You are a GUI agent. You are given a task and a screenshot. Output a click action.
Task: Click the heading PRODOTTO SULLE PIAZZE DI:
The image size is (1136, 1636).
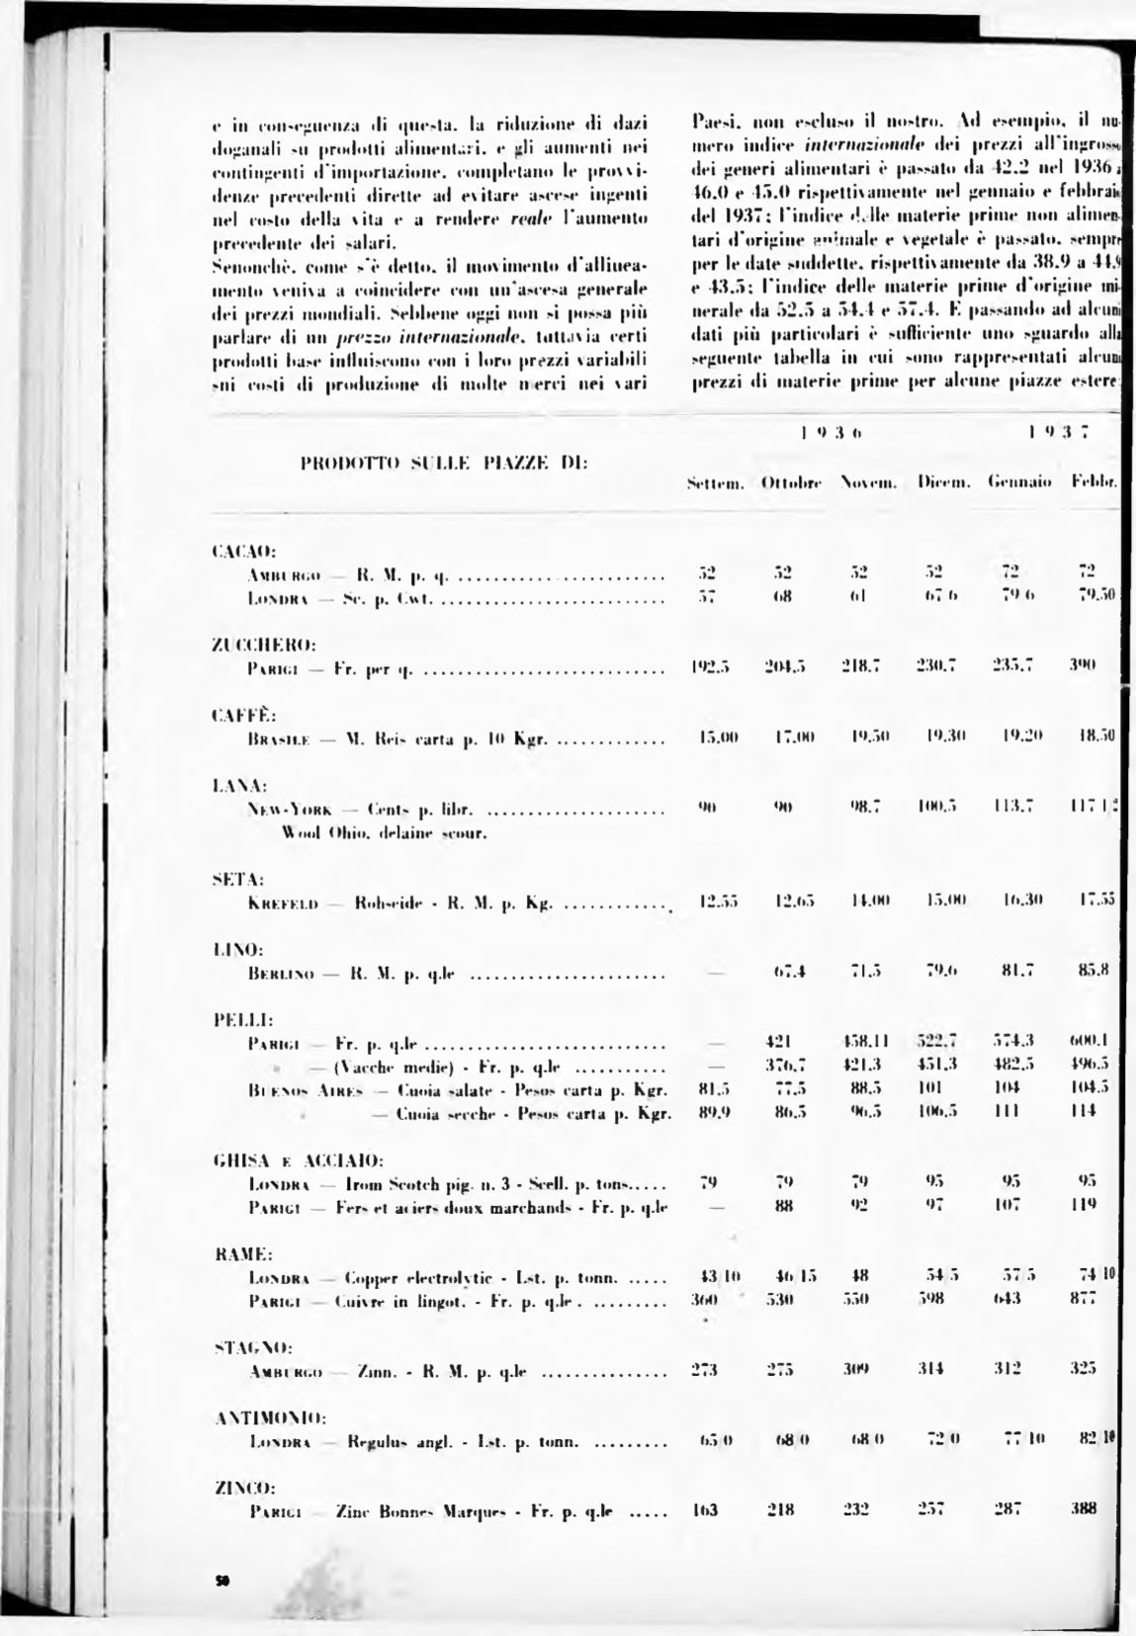[443, 461]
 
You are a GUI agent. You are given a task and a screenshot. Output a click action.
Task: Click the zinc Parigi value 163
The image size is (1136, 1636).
[704, 1510]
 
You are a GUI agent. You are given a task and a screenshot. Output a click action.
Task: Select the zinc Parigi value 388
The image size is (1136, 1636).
[1086, 1509]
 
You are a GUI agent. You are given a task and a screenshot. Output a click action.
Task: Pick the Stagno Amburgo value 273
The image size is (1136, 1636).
[704, 1370]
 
